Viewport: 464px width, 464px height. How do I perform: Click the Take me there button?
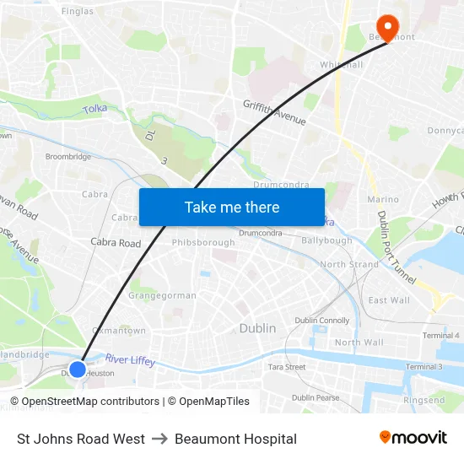[232, 207]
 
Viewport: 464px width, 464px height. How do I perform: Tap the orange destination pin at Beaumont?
[389, 26]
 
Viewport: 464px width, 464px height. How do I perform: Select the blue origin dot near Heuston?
[77, 369]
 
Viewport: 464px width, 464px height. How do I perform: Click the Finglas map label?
[78, 11]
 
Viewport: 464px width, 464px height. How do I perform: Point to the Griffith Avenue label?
[274, 113]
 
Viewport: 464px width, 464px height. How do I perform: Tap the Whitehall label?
[341, 64]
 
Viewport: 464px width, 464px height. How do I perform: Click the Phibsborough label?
[203, 242]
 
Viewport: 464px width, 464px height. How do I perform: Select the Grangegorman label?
[162, 295]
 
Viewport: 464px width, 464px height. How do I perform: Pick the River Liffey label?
[130, 360]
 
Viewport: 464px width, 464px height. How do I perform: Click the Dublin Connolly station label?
[321, 321]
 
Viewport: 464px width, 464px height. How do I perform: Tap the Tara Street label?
[286, 367]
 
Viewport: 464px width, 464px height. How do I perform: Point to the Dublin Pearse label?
[316, 397]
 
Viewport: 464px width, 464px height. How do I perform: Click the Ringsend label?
[424, 400]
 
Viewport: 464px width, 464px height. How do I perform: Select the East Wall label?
[389, 300]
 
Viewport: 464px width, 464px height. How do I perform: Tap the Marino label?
[383, 200]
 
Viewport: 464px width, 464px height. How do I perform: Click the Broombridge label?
[68, 157]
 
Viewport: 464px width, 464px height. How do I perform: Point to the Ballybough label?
[326, 240]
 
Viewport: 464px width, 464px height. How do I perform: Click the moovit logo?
[413, 437]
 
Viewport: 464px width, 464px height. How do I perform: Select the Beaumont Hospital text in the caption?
[235, 439]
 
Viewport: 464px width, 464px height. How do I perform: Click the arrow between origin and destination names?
[159, 439]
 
